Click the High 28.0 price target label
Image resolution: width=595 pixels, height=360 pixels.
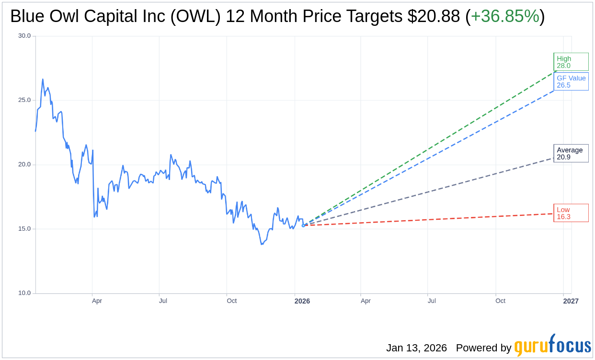point(571,62)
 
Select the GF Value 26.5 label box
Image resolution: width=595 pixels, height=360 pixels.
point(571,81)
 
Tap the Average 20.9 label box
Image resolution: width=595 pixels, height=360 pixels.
point(571,154)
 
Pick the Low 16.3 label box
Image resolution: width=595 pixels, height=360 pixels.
point(571,213)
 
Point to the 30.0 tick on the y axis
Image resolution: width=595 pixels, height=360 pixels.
point(24,36)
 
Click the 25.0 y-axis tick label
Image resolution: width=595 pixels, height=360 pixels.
point(24,100)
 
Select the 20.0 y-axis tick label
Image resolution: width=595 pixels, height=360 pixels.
point(24,165)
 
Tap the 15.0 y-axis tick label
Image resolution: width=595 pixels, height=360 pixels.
point(24,229)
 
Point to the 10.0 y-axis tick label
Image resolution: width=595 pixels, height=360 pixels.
point(24,293)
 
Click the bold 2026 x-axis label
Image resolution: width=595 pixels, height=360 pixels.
point(302,301)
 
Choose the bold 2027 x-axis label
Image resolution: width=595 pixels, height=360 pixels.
point(571,301)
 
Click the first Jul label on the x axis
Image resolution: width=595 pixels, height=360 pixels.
point(163,301)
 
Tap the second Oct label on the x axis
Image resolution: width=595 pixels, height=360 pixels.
point(500,301)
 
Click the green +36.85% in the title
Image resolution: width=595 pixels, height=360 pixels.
point(505,16)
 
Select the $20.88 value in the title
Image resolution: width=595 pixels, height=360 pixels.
point(434,16)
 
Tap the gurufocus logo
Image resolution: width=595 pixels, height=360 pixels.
point(552,346)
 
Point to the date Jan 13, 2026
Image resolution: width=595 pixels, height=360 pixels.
point(416,348)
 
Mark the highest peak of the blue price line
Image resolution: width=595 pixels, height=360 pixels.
point(43,79)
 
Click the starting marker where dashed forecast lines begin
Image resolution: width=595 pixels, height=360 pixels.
point(303,225)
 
